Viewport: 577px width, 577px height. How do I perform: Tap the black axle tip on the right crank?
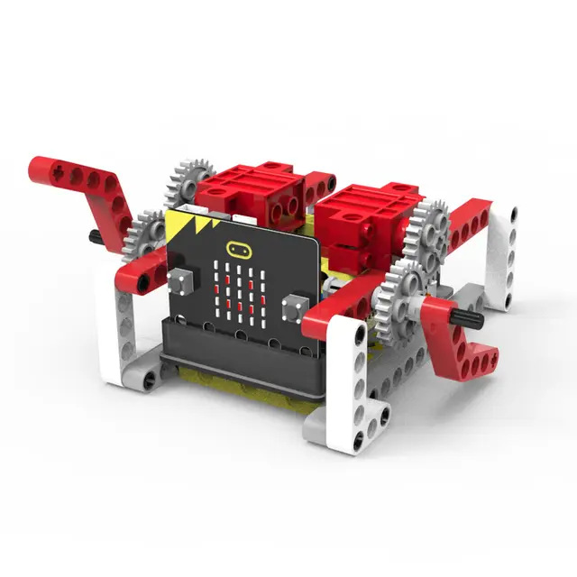tap(471, 318)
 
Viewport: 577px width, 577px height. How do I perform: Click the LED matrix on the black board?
tap(239, 290)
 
